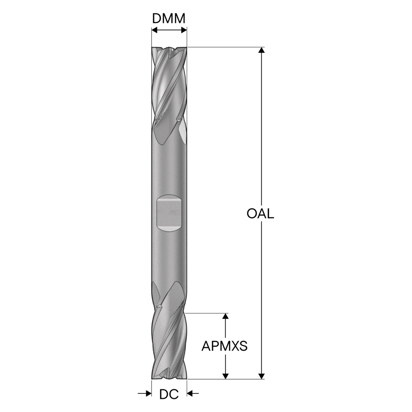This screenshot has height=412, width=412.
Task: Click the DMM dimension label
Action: click(x=168, y=18)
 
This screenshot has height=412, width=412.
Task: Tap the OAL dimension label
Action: click(x=260, y=213)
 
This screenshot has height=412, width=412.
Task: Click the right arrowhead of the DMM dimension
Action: click(x=184, y=30)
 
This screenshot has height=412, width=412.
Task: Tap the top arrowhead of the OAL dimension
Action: click(x=261, y=50)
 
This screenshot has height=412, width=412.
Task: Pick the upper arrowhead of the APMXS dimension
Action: click(x=225, y=316)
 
